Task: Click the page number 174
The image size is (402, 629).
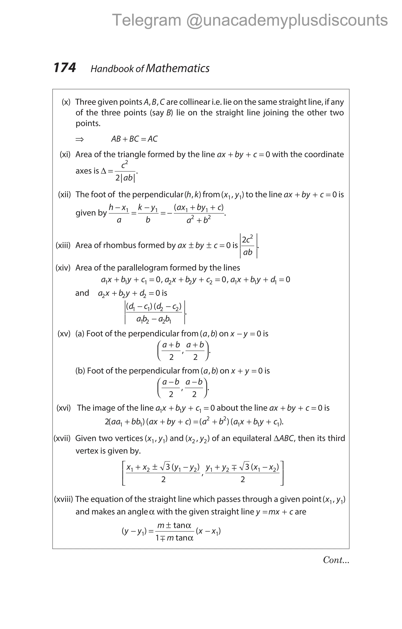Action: pos(65,68)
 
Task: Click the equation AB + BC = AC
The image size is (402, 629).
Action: pos(134,139)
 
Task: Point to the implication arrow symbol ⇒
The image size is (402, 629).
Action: pos(79,139)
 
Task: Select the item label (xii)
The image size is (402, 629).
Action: pos(64,195)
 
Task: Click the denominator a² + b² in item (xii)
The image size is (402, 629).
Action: pos(198,220)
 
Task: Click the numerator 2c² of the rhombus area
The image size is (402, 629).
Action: pos(247,239)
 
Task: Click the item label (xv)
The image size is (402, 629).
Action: pos(64,334)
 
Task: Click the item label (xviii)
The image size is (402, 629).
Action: pos(63,499)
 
